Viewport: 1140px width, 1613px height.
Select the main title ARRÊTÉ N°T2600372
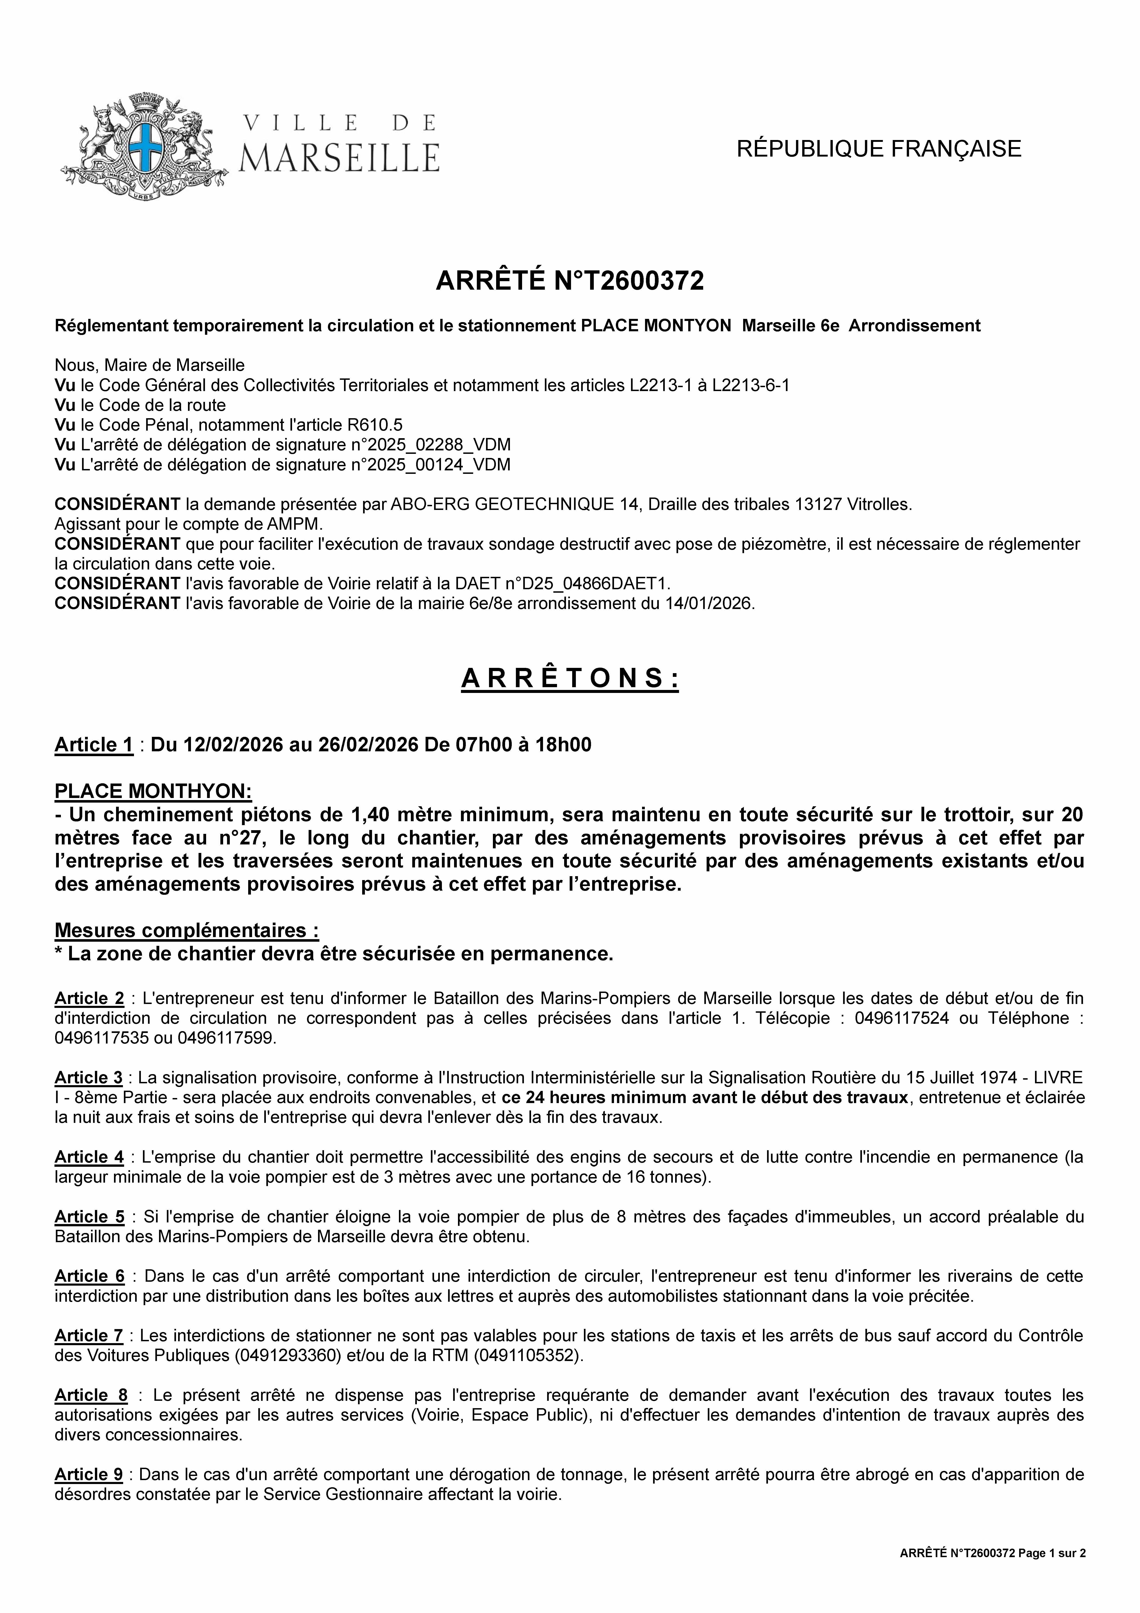(x=570, y=281)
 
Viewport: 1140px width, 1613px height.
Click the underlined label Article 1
(x=94, y=745)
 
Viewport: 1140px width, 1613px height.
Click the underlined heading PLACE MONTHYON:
(x=153, y=791)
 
